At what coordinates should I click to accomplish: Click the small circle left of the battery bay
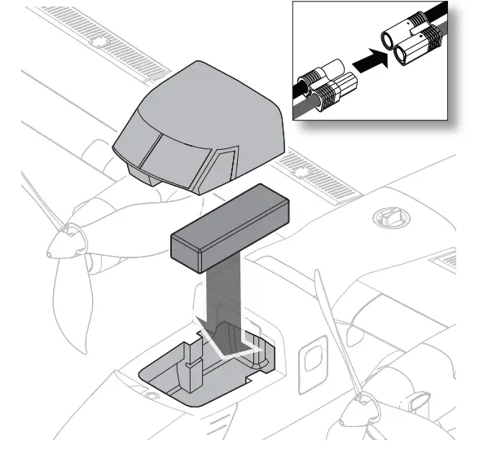(152, 397)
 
